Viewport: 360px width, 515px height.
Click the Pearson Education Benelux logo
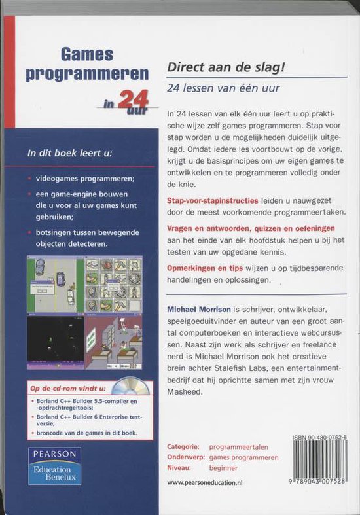[54, 466]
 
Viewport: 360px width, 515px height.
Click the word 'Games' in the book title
[87, 54]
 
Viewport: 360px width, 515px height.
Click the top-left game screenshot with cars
[55, 283]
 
